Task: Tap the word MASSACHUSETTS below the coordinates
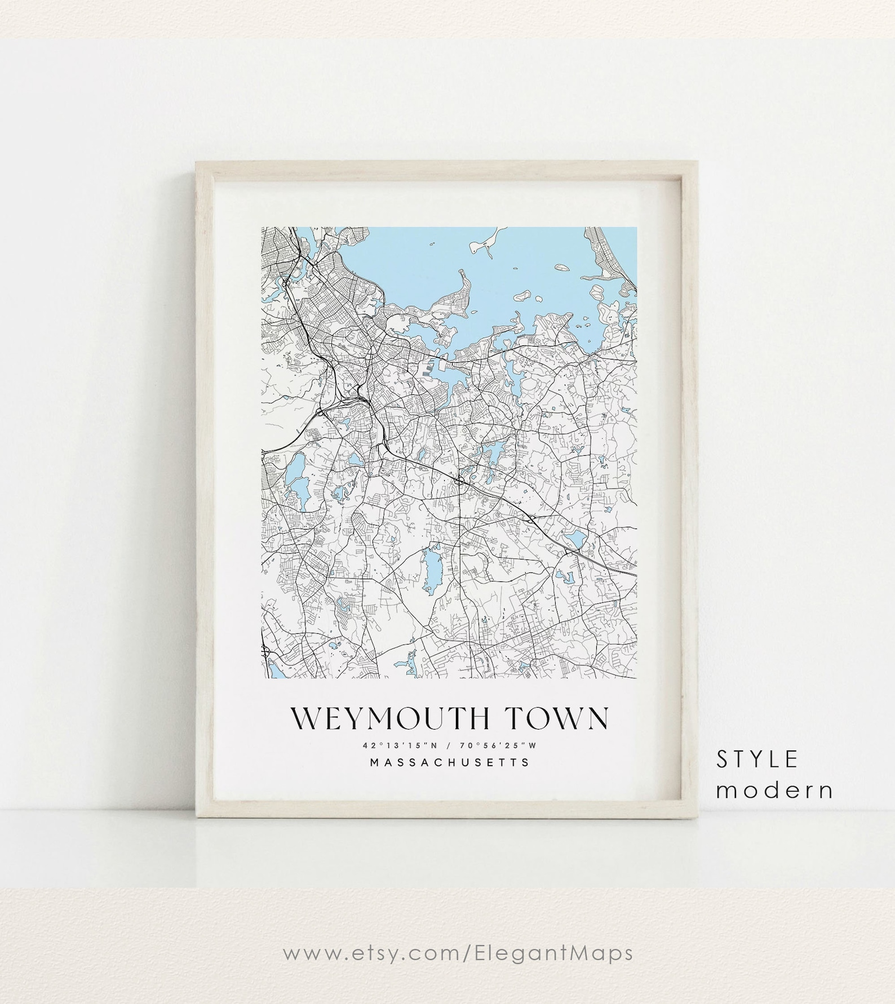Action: coord(449,763)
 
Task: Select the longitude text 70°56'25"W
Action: coord(498,745)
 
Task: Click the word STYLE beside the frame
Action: coord(757,760)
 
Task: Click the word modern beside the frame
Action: coord(775,790)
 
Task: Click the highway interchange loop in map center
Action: coord(460,480)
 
